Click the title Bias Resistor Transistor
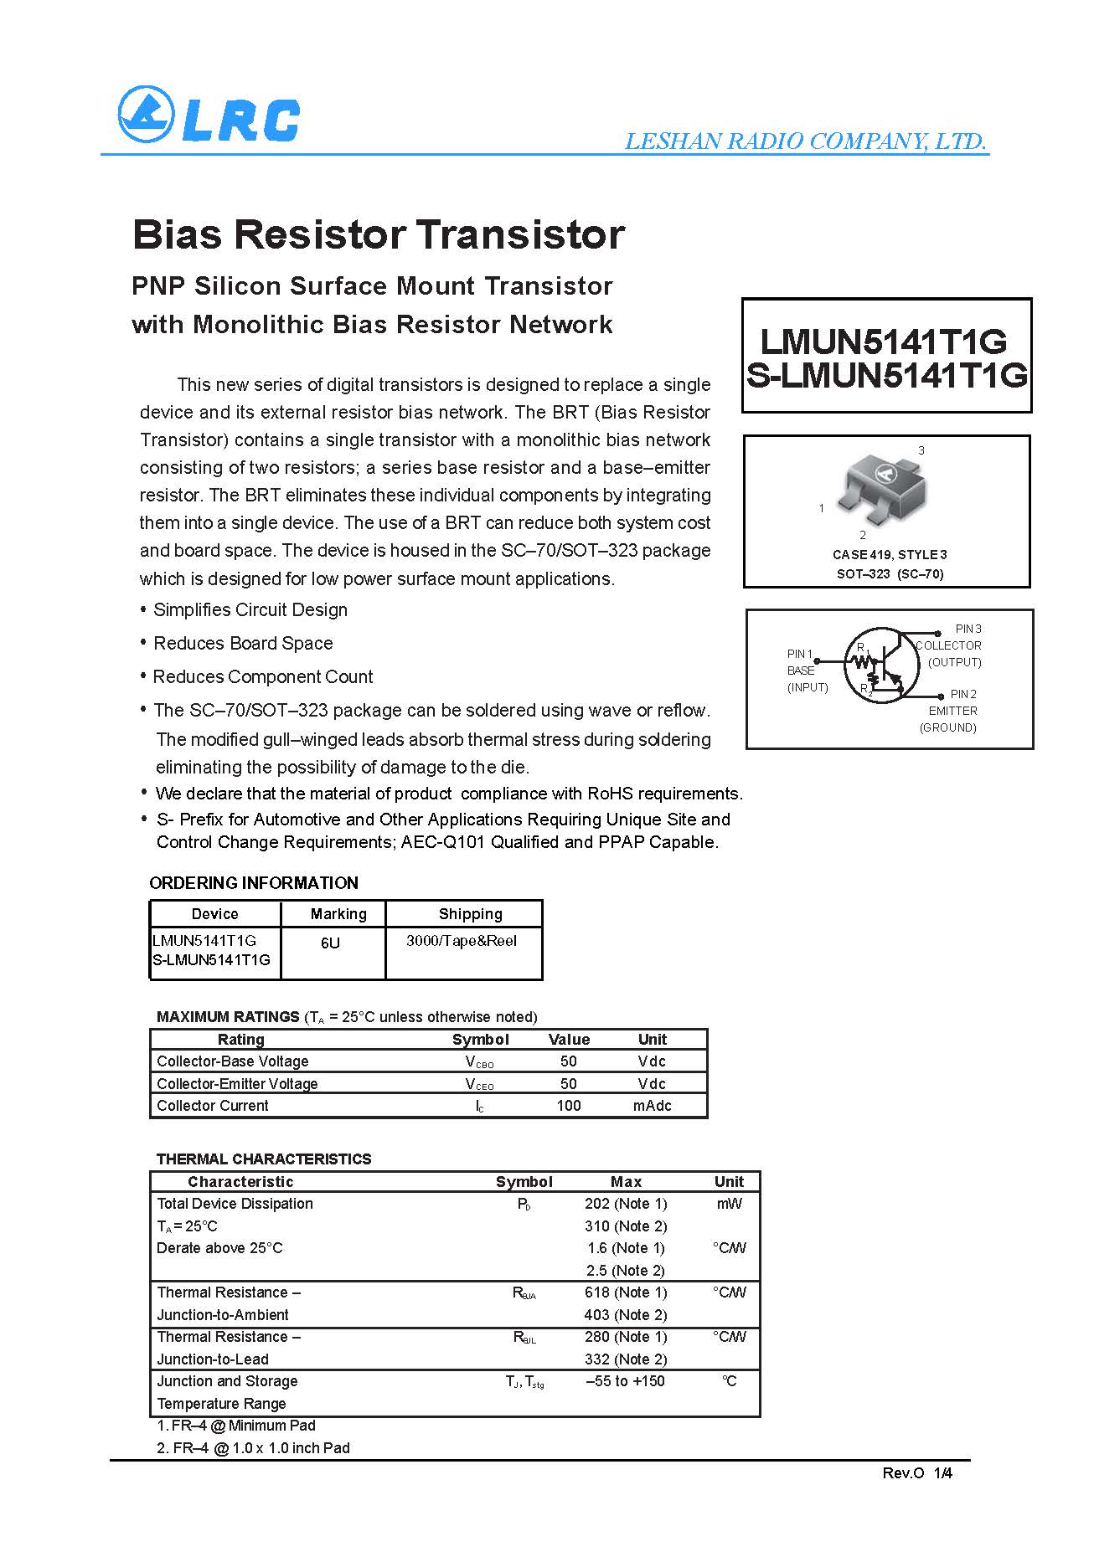point(379,234)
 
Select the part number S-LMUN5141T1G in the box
point(886,376)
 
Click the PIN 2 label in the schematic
point(962,694)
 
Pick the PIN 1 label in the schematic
point(799,654)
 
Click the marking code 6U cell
point(330,943)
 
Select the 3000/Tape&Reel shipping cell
point(462,941)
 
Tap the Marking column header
point(338,914)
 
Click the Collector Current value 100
point(568,1106)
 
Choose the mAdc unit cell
point(652,1106)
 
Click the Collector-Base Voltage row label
point(233,1061)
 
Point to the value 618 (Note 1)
point(626,1292)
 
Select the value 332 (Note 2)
point(626,1359)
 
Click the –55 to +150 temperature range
point(625,1381)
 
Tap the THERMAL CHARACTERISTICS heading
point(264,1159)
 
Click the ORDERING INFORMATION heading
point(254,883)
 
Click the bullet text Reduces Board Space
point(243,644)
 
